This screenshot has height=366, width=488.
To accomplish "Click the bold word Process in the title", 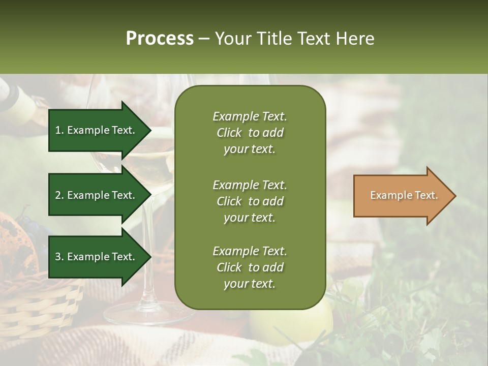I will point(160,39).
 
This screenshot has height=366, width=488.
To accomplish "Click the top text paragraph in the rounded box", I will point(250,133).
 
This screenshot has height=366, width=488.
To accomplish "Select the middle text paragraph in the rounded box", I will point(250,201).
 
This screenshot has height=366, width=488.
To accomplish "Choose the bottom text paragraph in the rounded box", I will point(250,267).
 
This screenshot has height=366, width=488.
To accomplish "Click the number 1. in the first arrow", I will point(59,130).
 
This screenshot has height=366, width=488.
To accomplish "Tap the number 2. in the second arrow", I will point(59,195).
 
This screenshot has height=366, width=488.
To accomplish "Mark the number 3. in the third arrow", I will point(59,257).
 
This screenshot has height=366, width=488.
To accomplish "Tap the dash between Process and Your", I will point(204,39).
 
